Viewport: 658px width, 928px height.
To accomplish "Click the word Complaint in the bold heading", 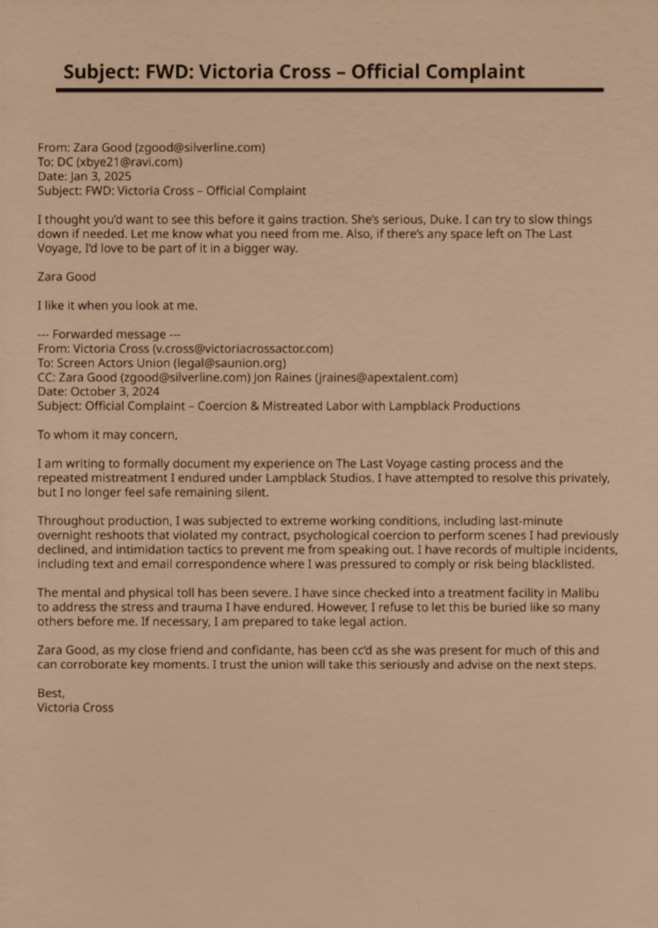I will [x=474, y=72].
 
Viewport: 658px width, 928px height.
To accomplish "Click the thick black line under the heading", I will [x=329, y=90].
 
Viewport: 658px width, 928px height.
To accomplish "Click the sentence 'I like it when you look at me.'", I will [x=117, y=305].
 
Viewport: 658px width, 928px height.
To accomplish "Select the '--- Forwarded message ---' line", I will [x=109, y=334].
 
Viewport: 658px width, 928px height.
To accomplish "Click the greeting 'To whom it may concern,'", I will [x=107, y=435].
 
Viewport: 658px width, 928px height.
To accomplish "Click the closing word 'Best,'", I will [x=51, y=693].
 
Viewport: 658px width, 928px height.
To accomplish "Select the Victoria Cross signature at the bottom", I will [x=75, y=708].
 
